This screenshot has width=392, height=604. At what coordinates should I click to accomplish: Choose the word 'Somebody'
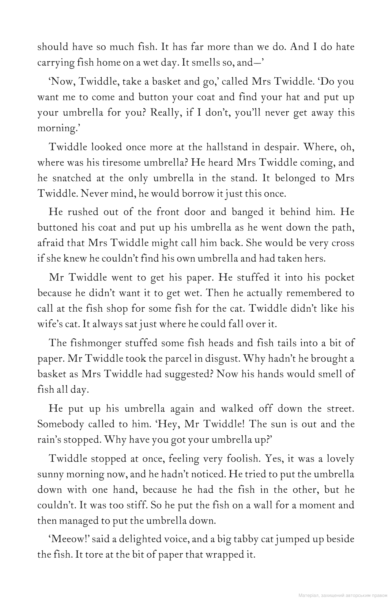61,424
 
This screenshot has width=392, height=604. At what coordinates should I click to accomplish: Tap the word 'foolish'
243,459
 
